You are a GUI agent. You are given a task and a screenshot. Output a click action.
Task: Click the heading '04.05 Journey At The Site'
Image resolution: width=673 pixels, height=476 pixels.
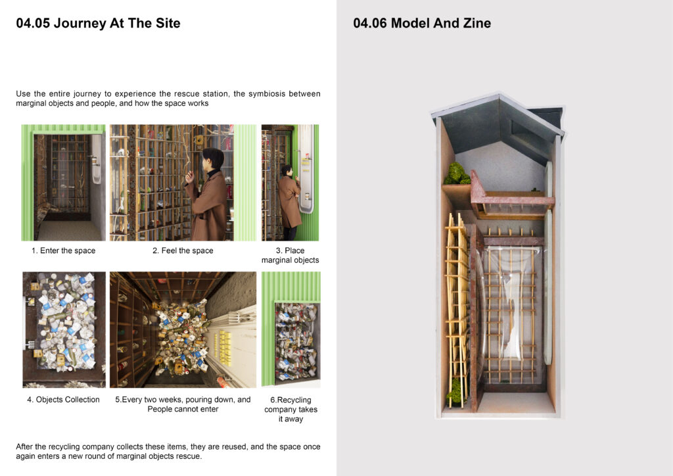[x=98, y=23]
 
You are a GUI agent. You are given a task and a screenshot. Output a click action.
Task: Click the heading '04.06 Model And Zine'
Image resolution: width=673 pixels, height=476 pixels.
[x=422, y=23]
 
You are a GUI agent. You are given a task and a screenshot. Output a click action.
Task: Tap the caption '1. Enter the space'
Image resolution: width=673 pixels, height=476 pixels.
[x=64, y=250]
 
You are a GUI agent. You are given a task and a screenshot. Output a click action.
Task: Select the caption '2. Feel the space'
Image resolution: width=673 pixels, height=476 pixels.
[x=183, y=250]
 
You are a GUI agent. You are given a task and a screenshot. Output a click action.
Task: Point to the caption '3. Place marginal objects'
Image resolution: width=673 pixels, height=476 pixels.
[x=290, y=255]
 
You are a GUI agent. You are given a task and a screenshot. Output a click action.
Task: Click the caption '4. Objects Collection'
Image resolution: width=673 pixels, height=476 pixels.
[x=64, y=400]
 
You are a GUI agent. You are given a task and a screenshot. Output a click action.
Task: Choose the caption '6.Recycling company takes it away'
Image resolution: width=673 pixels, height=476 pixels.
[x=291, y=410]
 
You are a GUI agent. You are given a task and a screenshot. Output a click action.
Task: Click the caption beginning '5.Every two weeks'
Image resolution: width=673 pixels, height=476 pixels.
[x=183, y=404]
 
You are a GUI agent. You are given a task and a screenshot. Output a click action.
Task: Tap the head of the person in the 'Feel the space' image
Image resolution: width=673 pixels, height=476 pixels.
[x=213, y=158]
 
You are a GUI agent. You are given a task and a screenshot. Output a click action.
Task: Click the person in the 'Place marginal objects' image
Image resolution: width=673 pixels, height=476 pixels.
[x=289, y=202]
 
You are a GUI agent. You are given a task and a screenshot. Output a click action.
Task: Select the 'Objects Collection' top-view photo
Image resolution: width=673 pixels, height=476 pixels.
[x=64, y=329]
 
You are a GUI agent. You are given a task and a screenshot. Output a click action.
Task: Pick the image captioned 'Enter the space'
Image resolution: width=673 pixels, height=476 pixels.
[x=64, y=183]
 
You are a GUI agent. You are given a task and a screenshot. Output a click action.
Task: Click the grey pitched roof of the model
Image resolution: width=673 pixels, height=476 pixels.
[x=498, y=122]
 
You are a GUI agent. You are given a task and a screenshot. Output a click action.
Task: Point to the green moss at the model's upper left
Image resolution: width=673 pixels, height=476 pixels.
[x=457, y=174]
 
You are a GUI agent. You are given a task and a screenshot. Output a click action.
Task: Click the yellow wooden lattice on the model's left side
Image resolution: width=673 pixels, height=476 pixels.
[x=457, y=309]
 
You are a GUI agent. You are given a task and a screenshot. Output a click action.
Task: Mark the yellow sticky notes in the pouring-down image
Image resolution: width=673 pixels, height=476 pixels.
[x=224, y=346]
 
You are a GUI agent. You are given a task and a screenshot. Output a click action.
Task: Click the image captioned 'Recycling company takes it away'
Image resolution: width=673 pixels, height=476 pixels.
[x=291, y=329]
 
